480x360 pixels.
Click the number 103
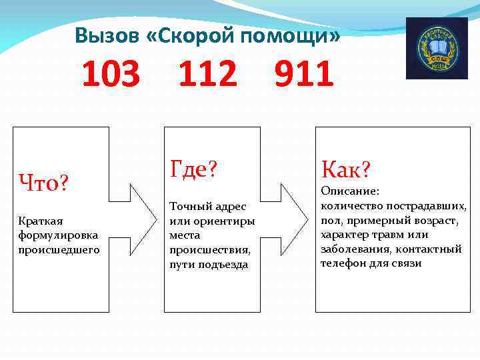111,75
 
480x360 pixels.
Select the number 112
207,75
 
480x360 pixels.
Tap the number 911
304,75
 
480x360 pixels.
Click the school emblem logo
437,49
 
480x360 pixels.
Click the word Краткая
37,220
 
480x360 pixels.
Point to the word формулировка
58,235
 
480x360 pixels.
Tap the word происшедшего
59,249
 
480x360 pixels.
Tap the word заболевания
353,249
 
